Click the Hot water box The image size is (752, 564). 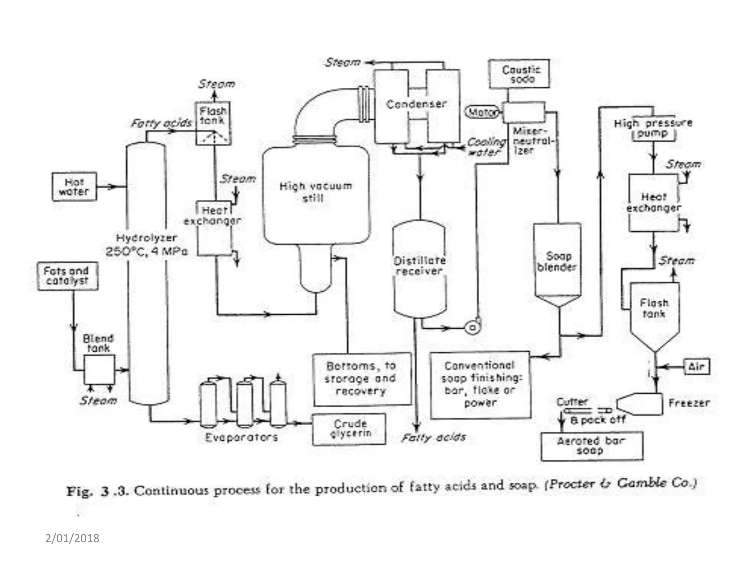coord(74,187)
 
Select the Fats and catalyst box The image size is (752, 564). coord(68,276)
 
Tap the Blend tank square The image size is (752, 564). coord(99,370)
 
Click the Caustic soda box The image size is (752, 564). coord(519,74)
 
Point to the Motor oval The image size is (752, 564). coord(482,112)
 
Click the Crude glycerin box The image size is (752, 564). coord(349,429)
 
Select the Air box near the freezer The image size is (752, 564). coord(697,366)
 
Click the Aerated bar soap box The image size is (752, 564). coord(592,446)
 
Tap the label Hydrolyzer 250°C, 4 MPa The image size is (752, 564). coord(147,245)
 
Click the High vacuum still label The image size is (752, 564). coord(315,192)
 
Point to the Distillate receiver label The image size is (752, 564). coord(420,266)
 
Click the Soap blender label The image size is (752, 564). coord(557,261)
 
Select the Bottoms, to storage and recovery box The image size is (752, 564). coord(362,379)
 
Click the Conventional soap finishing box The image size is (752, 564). coord(480,384)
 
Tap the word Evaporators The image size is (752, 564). coord(241,437)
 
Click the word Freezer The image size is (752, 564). coord(689,403)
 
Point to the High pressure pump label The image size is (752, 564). coord(653,127)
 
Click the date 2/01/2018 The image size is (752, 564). coord(72,538)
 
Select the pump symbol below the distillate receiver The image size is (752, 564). coord(473,326)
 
